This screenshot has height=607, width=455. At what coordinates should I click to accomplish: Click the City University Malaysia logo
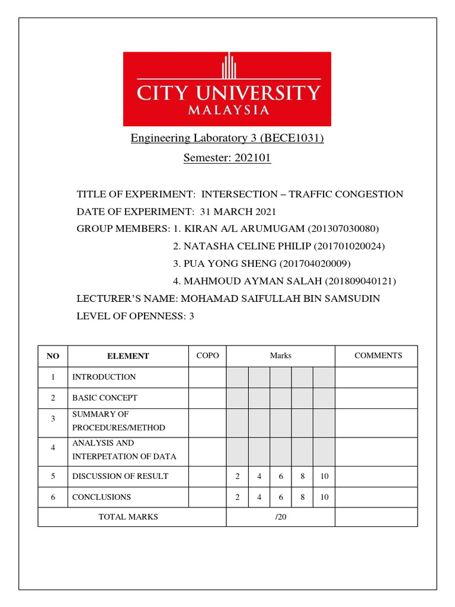coord(227,89)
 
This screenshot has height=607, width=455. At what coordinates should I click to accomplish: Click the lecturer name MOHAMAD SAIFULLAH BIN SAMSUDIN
coord(280,298)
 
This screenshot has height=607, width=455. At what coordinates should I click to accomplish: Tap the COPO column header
coord(207,356)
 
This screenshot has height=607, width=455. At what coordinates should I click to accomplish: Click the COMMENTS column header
coord(378,356)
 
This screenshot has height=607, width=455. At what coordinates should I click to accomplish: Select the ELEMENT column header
coord(128,356)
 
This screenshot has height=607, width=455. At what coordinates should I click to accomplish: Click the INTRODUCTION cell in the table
coord(104,377)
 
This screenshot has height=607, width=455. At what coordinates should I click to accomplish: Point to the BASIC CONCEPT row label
coord(104,398)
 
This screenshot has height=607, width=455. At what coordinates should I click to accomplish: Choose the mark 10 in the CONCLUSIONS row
coord(324,497)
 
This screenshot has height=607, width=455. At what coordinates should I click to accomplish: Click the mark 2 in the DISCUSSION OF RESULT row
coord(237,477)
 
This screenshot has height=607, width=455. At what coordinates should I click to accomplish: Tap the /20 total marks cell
coord(280,517)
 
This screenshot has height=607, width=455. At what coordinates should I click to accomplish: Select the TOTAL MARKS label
coord(128,517)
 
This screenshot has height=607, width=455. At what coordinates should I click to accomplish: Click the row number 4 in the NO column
coord(53,448)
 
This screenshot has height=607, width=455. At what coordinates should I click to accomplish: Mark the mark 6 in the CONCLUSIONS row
coord(281,497)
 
